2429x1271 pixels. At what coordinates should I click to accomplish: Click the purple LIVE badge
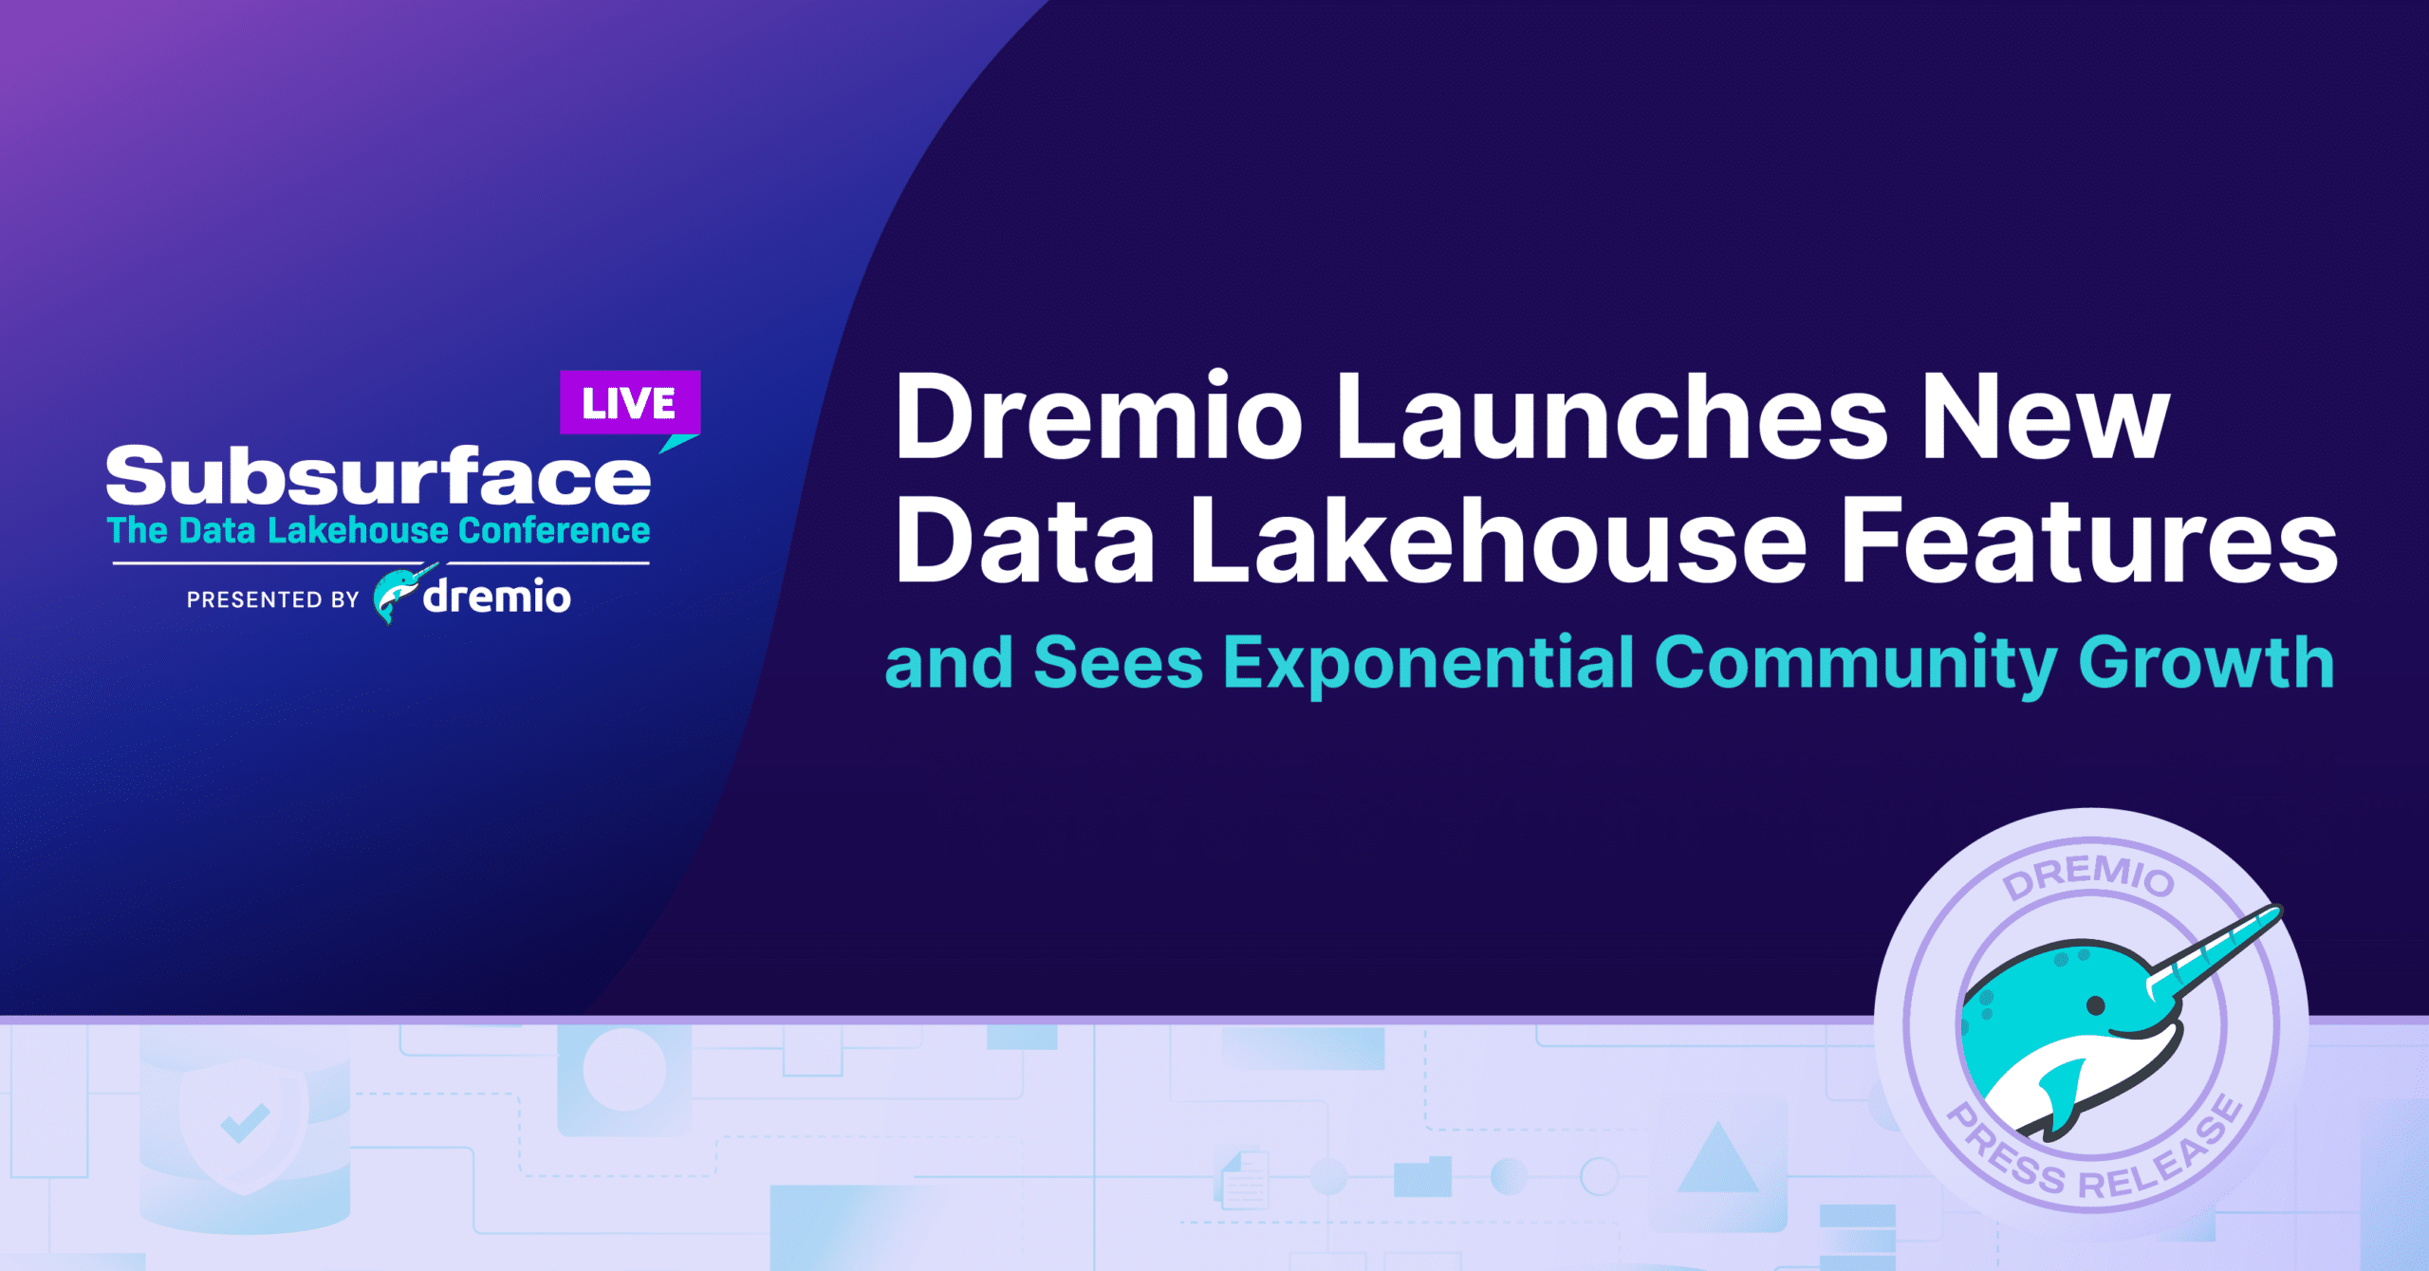pyautogui.click(x=630, y=403)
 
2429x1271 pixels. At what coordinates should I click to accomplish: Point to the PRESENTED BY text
pyautogui.click(x=272, y=599)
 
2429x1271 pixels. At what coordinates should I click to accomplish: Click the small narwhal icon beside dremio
pyautogui.click(x=402, y=594)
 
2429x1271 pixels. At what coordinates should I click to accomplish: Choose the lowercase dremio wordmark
pyautogui.click(x=497, y=596)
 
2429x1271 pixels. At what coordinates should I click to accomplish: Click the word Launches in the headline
pyautogui.click(x=1612, y=416)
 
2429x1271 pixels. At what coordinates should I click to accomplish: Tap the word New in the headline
pyautogui.click(x=2046, y=416)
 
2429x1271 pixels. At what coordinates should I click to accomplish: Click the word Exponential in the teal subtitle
pyautogui.click(x=1428, y=664)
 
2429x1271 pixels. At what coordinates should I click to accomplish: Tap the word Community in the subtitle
pyautogui.click(x=1856, y=664)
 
